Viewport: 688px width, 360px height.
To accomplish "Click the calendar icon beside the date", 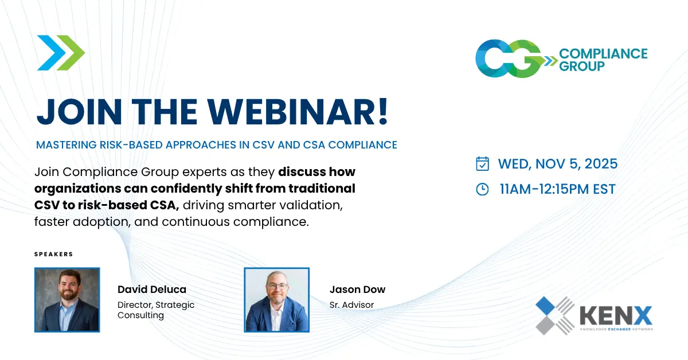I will tap(483, 164).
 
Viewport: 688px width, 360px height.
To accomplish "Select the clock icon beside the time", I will tap(483, 189).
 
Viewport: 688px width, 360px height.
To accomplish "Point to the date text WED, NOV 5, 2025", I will tap(558, 164).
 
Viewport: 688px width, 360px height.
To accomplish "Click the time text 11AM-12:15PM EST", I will tap(557, 189).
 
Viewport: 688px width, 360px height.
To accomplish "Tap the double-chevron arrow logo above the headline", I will tap(61, 53).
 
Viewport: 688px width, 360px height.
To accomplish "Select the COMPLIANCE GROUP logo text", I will tap(603, 60).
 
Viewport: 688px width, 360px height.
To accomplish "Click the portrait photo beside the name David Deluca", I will tap(67, 299).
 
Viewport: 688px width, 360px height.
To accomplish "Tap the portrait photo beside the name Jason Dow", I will tap(277, 299).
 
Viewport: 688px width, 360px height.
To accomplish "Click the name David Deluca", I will tap(151, 289).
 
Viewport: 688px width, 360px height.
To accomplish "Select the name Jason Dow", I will tap(357, 289).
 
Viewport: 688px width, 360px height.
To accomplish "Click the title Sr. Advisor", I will tap(351, 305).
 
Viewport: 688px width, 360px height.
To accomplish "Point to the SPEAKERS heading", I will tap(54, 254).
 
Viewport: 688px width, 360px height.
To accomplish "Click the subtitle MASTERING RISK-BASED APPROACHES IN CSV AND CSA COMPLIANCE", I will tap(217, 145).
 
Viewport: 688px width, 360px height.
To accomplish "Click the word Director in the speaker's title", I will tap(135, 305).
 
